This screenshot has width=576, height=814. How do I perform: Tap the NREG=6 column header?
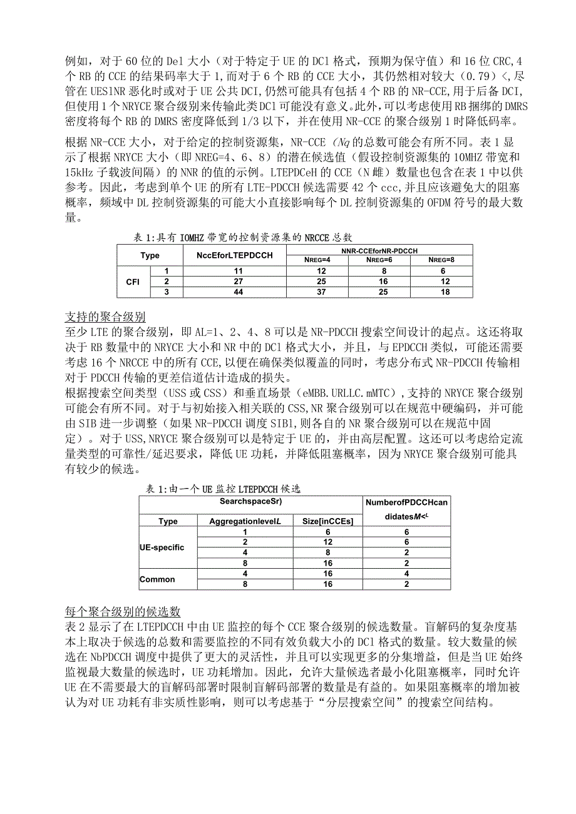tap(379, 260)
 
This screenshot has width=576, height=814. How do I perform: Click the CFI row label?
tap(133, 282)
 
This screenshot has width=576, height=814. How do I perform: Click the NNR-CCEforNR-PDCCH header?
tap(379, 250)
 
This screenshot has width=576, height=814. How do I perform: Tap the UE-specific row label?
tap(162, 547)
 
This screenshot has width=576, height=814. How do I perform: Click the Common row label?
tap(157, 579)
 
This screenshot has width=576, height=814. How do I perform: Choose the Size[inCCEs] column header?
tap(328, 521)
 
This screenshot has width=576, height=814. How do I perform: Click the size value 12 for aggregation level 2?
tap(328, 542)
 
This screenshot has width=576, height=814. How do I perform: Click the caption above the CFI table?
tap(244, 237)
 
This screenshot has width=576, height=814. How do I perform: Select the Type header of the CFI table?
tap(150, 255)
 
